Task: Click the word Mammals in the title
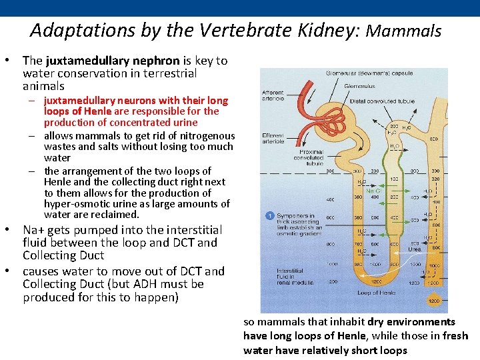tap(404, 31)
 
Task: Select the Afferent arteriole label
tap(273, 95)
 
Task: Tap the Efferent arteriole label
tap(273, 138)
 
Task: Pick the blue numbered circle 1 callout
tap(269, 215)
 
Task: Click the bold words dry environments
tap(413, 322)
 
